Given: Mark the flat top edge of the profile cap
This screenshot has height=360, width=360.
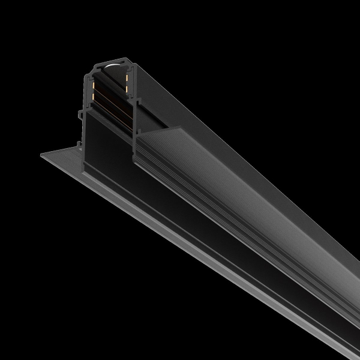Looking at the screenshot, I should pos(111,60).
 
